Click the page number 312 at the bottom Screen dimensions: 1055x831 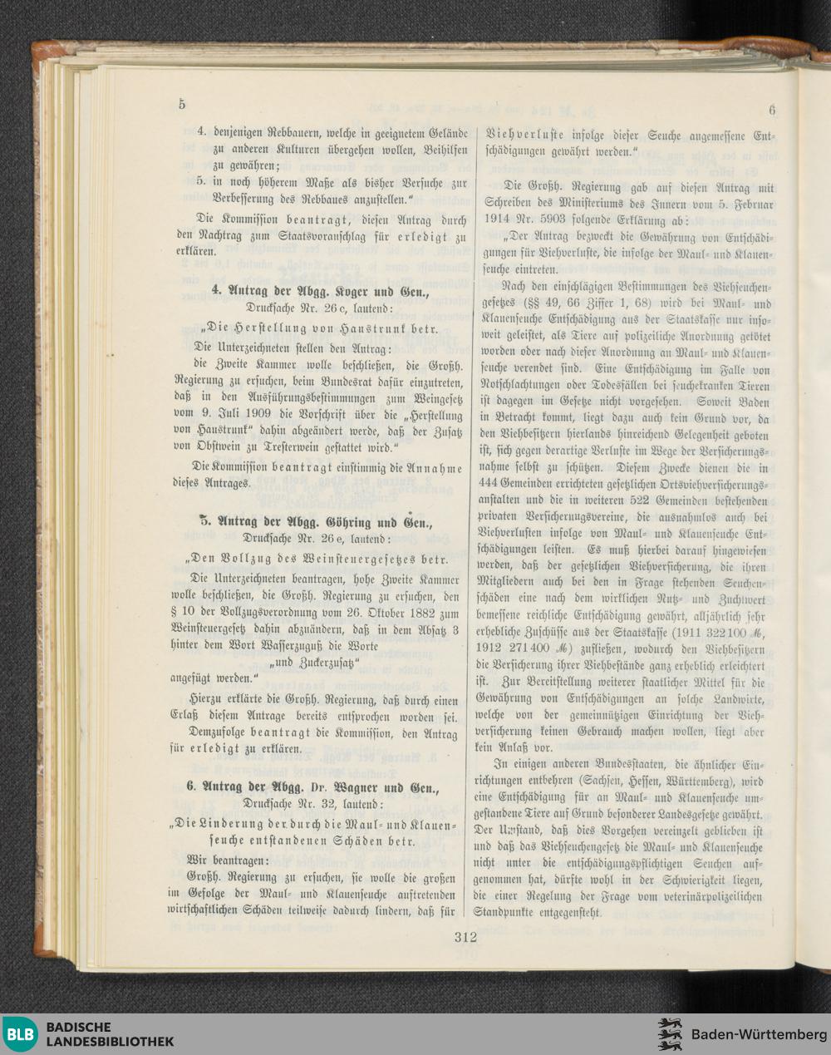[x=465, y=937]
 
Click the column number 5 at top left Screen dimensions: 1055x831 [x=181, y=104]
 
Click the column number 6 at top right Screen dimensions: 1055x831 [x=771, y=109]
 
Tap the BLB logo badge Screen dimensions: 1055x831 [x=20, y=1033]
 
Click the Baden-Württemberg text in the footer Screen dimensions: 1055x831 [x=754, y=1034]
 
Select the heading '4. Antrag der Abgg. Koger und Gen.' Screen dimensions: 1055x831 [x=321, y=291]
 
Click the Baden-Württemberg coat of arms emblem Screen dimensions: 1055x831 [x=670, y=1033]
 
